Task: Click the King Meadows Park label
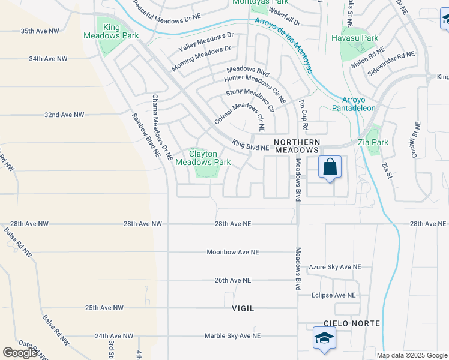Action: [120, 31]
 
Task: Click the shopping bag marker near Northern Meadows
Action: [330, 166]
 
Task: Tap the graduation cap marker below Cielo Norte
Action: [324, 338]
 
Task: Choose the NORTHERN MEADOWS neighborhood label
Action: [297, 145]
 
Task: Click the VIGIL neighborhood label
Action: [243, 308]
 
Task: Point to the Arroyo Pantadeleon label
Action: [353, 104]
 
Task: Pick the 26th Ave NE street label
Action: [233, 280]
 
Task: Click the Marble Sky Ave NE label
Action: [232, 336]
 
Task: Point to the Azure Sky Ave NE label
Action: [335, 267]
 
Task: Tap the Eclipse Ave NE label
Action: [333, 295]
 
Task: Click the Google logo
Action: [20, 353]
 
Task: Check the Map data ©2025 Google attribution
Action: [411, 355]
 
